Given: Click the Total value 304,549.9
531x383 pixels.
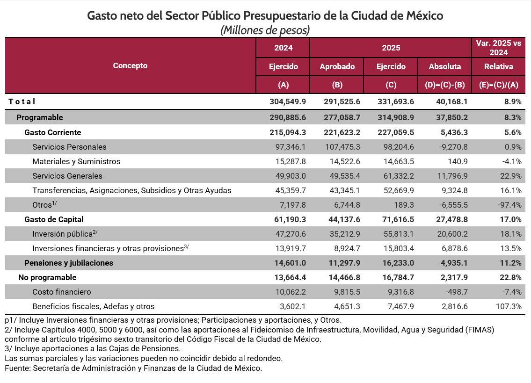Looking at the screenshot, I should pos(287,101).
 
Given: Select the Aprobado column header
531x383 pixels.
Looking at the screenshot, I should pos(337,66).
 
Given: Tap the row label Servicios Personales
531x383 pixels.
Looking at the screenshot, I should pos(69,147).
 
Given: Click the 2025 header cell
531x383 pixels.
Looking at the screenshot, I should pos(391,48).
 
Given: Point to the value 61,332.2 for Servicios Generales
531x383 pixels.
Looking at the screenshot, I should pos(395,176).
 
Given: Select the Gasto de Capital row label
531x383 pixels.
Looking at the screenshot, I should pos(54,219).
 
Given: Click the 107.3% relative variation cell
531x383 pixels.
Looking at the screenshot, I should pos(509,306).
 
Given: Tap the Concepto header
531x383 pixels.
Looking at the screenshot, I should pos(130,65).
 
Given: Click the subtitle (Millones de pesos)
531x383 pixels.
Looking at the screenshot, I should pos(265,30).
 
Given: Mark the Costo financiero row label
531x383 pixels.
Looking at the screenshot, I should pos(61,292).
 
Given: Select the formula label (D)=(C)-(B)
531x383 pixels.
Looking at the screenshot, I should pos(444,85).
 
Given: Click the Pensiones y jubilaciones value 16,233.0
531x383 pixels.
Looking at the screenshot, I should pos(395,263).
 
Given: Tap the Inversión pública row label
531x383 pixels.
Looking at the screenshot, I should pos(62,234).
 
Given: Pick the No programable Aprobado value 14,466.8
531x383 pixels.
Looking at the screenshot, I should pos(342,277).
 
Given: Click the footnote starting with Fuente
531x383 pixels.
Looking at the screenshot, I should pos(133,368).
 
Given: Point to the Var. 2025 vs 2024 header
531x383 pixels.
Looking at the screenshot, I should pos(498,47).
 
